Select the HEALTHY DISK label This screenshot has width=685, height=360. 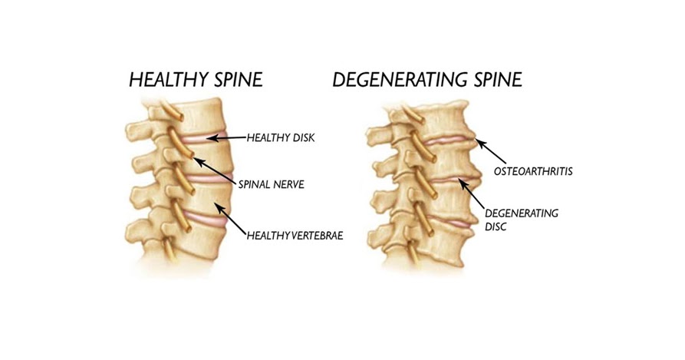(x=281, y=138)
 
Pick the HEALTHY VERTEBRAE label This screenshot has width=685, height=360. (x=295, y=235)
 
